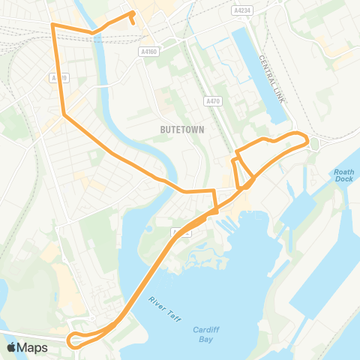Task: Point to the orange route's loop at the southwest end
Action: [x=75, y=340]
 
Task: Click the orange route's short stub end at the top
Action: [x=133, y=22]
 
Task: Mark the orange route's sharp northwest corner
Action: [x=52, y=25]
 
